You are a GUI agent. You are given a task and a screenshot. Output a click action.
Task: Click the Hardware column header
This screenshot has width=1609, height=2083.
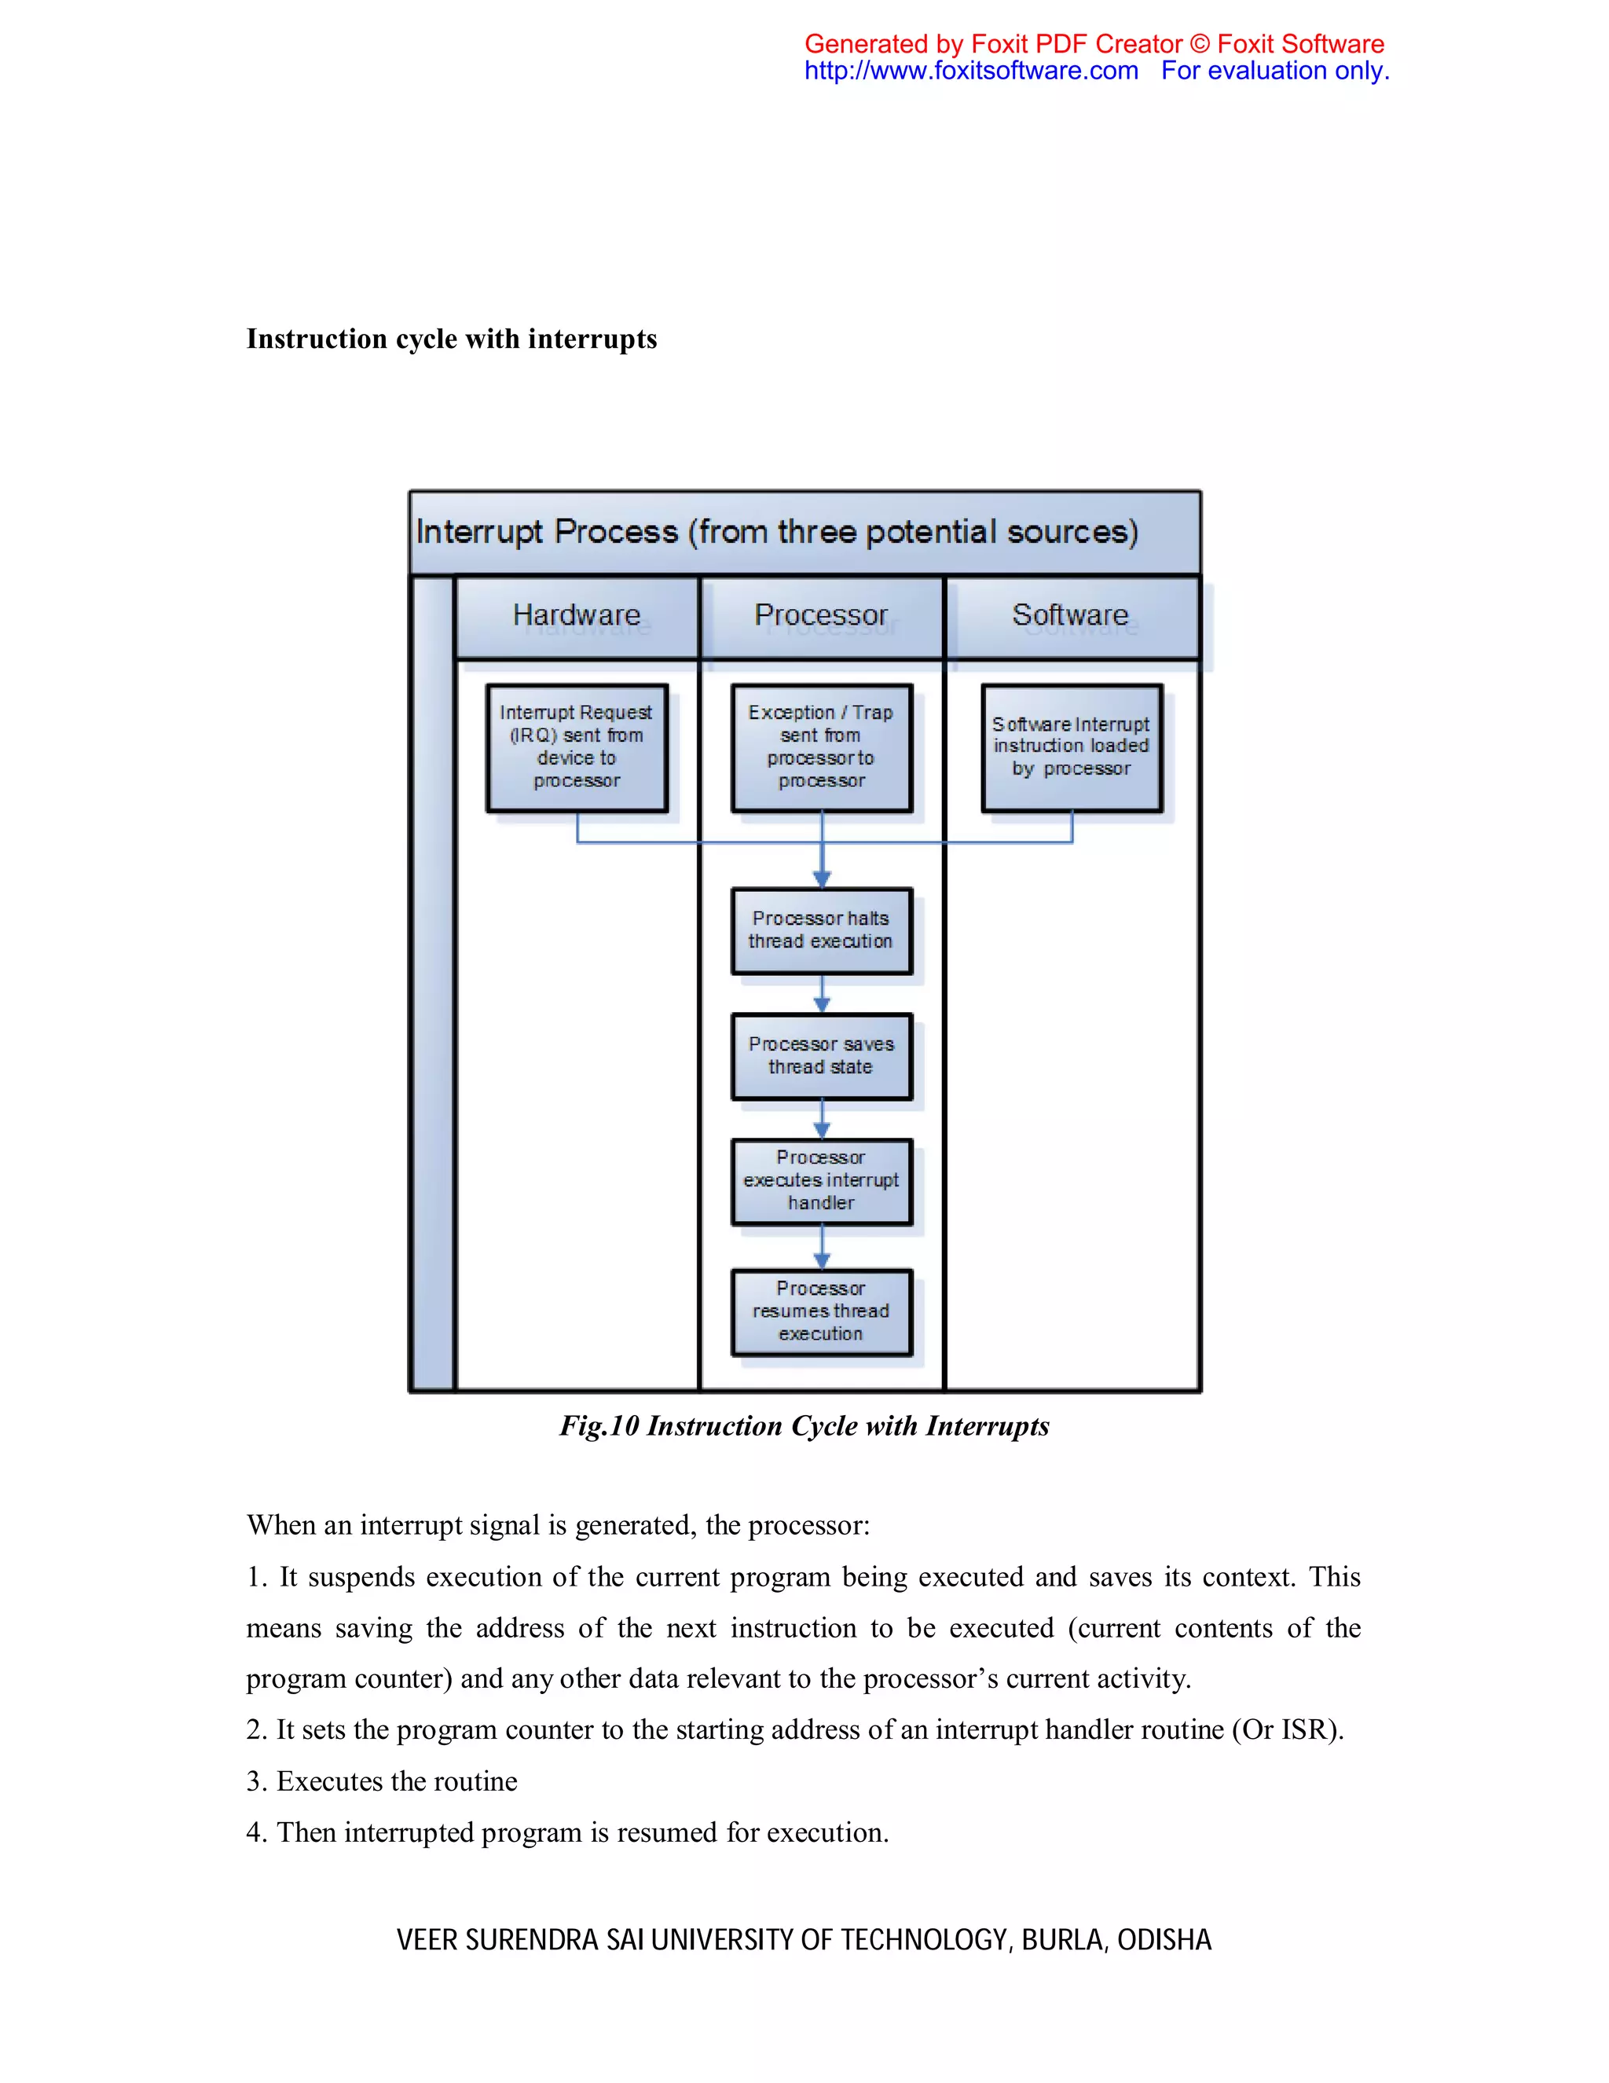pyautogui.click(x=576, y=615)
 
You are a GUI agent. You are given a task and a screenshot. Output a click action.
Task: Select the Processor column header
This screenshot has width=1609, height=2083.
pyautogui.click(x=820, y=615)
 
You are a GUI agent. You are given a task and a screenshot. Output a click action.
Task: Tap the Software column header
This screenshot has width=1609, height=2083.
pyautogui.click(x=1070, y=615)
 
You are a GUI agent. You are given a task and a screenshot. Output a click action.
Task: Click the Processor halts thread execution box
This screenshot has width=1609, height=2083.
pyautogui.click(x=820, y=930)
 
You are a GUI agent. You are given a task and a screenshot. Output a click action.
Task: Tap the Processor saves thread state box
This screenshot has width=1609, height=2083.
pyautogui.click(x=820, y=1056)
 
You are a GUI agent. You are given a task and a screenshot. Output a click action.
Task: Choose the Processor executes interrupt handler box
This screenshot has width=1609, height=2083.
pyautogui.click(x=820, y=1181)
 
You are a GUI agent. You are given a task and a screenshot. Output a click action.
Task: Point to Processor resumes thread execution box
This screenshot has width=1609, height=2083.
pyautogui.click(x=820, y=1311)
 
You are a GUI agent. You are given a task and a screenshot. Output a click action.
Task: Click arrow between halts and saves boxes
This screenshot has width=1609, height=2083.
pyautogui.click(x=822, y=994)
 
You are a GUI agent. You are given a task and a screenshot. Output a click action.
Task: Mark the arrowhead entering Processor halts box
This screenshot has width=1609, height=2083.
pyautogui.click(x=822, y=879)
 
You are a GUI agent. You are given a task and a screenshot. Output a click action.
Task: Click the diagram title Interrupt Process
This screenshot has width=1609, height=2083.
pyautogui.click(x=776, y=532)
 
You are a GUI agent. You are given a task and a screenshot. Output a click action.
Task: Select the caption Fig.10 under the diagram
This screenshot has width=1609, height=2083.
pyautogui.click(x=803, y=1426)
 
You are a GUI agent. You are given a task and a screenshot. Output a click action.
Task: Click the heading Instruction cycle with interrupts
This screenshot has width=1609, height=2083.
pyautogui.click(x=451, y=339)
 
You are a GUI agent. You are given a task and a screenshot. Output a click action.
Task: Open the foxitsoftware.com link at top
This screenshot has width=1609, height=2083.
pyautogui.click(x=971, y=72)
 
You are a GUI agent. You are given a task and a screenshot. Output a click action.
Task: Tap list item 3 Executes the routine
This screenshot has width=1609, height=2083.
pyautogui.click(x=382, y=1780)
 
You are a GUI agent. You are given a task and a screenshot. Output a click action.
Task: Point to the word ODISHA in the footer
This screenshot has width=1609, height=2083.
pyautogui.click(x=1164, y=1940)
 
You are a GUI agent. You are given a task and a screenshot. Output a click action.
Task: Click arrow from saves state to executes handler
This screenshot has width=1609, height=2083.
pyautogui.click(x=822, y=1119)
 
